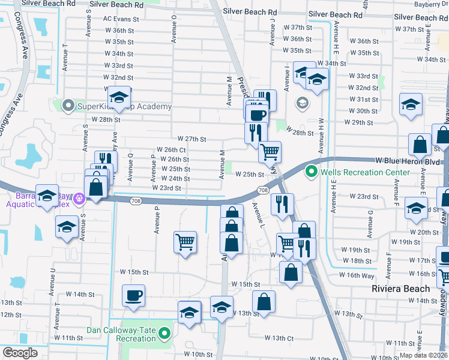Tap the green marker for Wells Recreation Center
(311, 172)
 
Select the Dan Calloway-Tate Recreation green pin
(164, 330)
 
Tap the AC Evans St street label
(121, 19)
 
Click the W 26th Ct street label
(171, 149)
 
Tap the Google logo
(20, 353)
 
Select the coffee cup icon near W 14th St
(133, 296)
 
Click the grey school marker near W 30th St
(301, 103)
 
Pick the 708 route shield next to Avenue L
(263, 190)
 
